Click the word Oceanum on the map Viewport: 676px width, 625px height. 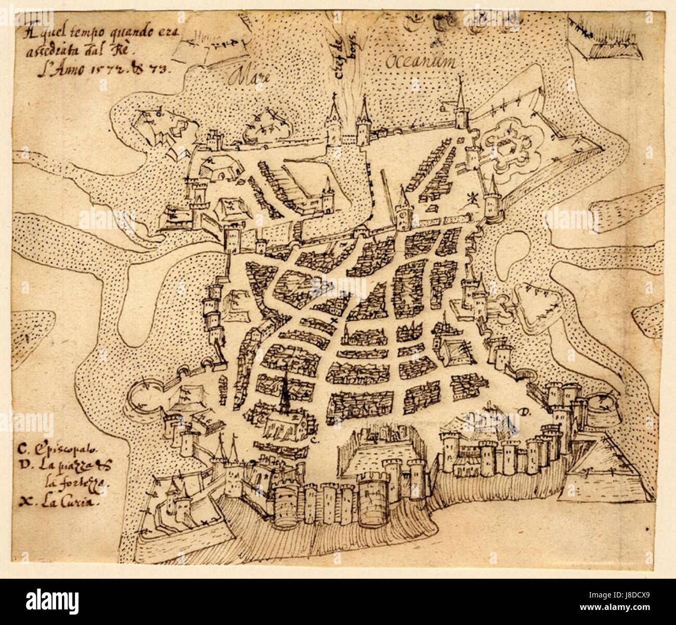(421, 62)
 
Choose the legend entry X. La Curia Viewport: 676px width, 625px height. (55, 502)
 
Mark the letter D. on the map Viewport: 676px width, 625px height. (523, 413)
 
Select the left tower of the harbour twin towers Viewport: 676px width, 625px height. (332, 125)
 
